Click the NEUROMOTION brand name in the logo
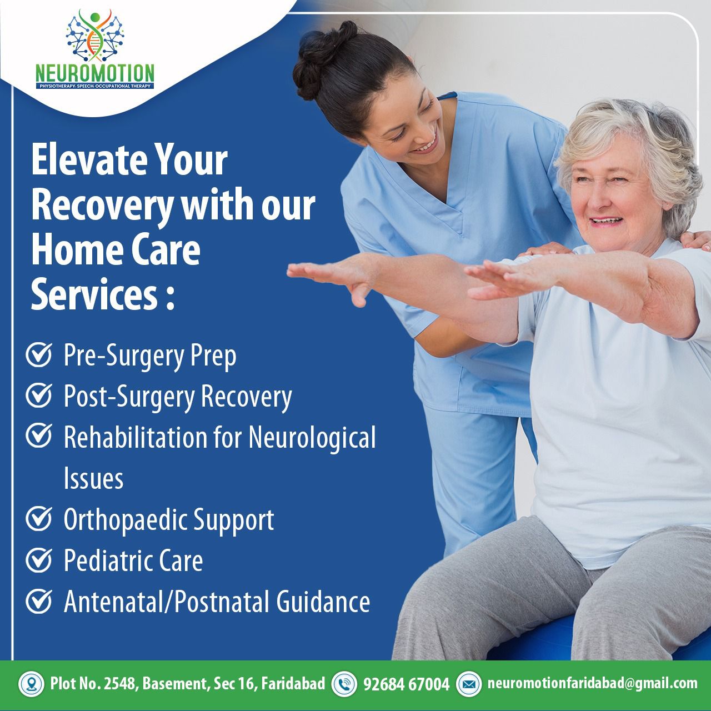coord(95,73)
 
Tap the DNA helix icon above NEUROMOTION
coord(95,36)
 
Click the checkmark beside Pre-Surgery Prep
coord(39,354)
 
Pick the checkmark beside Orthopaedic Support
coord(39,519)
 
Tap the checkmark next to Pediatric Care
coord(39,560)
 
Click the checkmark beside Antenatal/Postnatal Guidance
coord(39,601)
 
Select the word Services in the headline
coord(95,295)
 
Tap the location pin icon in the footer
coord(31,684)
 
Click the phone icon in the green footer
coord(344,684)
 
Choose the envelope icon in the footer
coord(469,684)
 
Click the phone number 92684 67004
coord(406,684)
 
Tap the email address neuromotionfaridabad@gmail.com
coord(593,683)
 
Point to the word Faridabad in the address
coord(293,684)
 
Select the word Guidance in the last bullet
coord(323,602)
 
